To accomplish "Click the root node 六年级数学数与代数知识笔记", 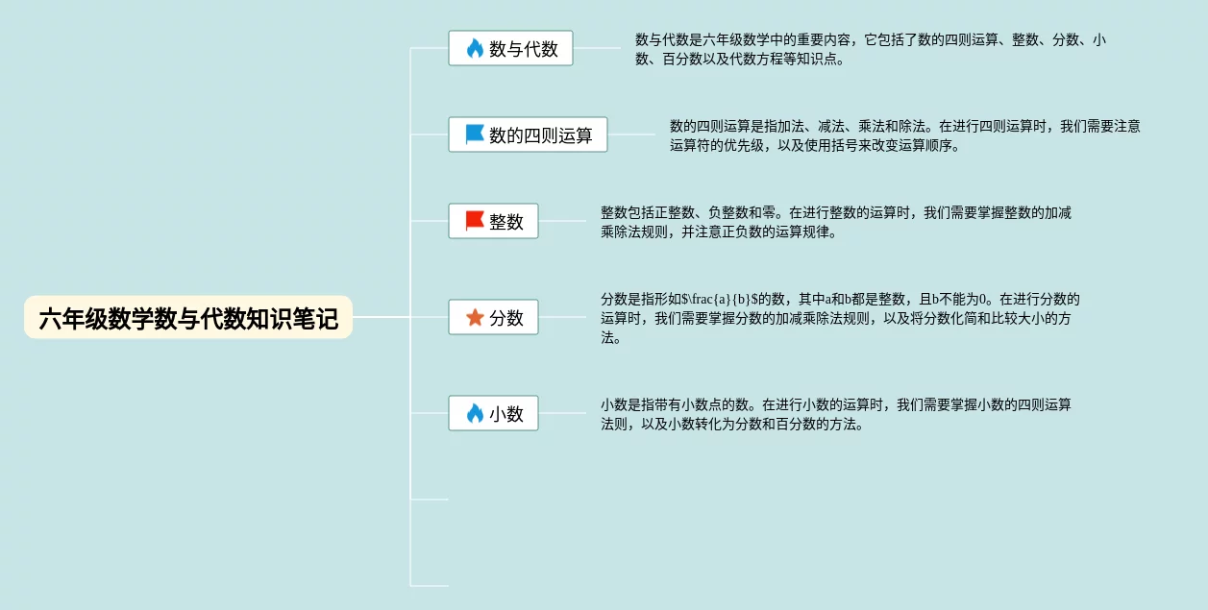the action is (188, 318).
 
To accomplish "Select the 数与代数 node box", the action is (510, 48).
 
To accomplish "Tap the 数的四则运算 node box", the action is (528, 134).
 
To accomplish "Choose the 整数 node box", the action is (493, 221).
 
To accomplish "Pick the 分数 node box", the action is (493, 317).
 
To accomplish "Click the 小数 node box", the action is (493, 413).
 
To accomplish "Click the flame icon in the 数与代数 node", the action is (475, 48).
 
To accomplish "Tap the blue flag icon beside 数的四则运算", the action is (475, 134).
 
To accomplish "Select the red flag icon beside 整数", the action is (475, 221).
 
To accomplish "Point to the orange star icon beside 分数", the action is (475, 317).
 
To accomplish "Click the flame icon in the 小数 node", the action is (475, 413).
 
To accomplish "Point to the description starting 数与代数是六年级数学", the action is (870, 49).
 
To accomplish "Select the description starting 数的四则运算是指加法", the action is (904, 135).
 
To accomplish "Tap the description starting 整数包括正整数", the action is (835, 222).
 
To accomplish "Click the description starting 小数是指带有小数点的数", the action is (835, 414).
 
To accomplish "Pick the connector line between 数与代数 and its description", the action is (597, 48).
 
